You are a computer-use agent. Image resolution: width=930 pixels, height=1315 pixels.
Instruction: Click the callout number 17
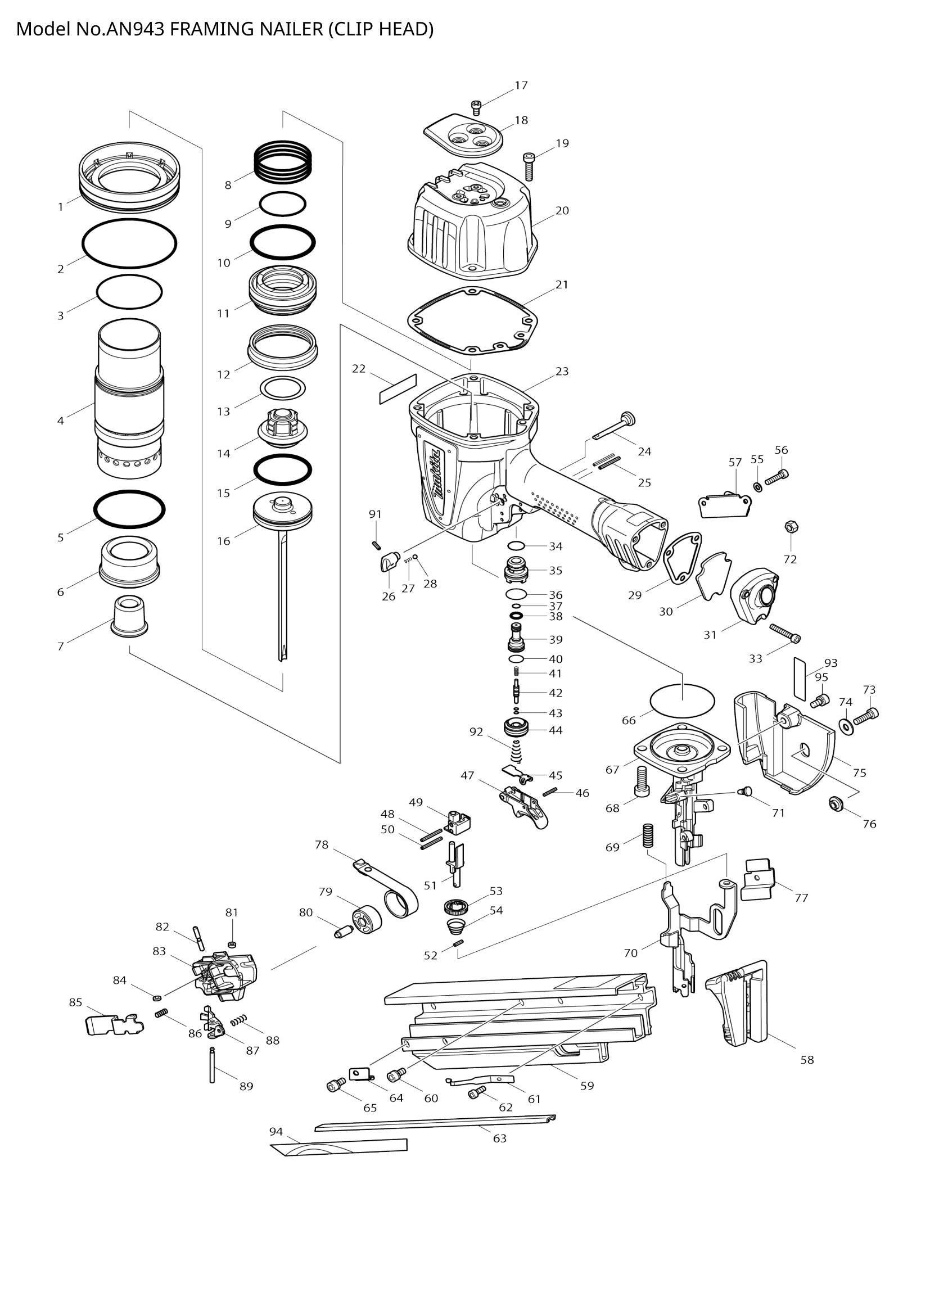point(521,85)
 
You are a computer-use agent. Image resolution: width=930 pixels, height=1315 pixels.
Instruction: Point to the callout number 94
point(276,1131)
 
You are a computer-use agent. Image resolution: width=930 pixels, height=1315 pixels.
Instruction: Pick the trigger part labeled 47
point(524,808)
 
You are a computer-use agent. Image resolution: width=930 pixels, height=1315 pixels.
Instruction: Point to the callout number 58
point(807,1060)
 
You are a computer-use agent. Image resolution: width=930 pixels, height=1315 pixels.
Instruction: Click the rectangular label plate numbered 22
point(398,389)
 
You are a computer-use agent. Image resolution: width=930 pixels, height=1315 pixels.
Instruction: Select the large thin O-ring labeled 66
point(683,700)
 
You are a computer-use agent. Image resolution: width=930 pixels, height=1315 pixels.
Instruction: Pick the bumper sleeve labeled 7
point(129,616)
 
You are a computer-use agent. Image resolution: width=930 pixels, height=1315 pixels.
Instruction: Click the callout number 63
point(499,1138)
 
